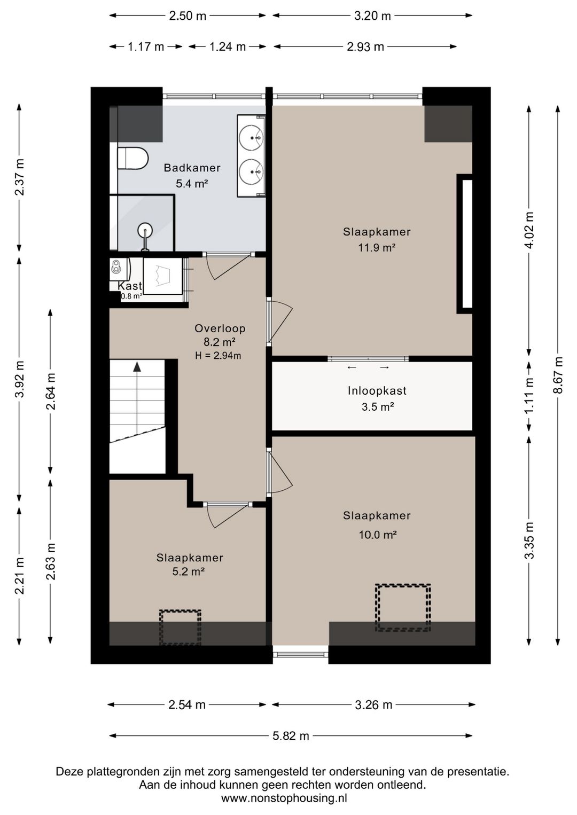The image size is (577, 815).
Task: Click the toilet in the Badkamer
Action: [x=132, y=158]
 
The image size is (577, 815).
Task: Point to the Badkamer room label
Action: [x=192, y=168]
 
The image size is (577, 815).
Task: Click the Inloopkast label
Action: [x=377, y=391]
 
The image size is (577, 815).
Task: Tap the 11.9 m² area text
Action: [x=377, y=248]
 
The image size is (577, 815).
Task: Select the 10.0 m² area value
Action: [x=378, y=535]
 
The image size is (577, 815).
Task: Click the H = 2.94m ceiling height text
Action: [x=217, y=356]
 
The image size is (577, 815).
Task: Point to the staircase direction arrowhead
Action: [x=137, y=366]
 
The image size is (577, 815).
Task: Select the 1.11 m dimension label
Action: [x=529, y=395]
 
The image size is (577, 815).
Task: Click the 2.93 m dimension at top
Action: [x=365, y=47]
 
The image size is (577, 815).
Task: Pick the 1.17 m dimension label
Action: [x=146, y=47]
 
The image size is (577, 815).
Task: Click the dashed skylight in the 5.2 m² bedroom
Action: [x=180, y=628]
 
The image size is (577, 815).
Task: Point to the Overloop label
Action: [x=220, y=328]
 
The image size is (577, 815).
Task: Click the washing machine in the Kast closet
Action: [x=162, y=276]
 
